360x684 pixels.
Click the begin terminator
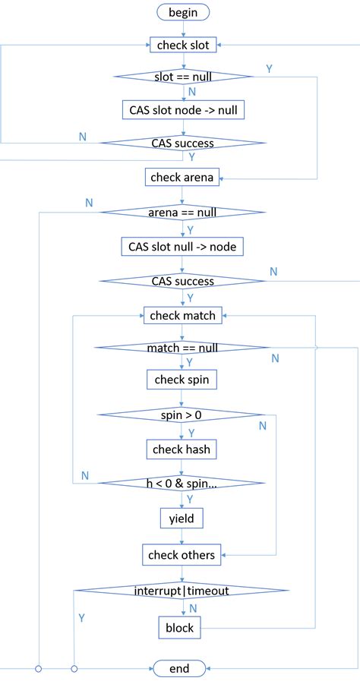pyautogui.click(x=182, y=12)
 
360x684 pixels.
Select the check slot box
pyautogui.click(x=182, y=46)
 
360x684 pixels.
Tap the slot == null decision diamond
pyautogui.click(x=182, y=77)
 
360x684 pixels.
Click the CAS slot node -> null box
pyautogui.click(x=182, y=109)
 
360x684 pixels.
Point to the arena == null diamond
pyautogui.click(x=182, y=212)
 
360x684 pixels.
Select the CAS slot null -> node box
pyautogui.click(x=182, y=247)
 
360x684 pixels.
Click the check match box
pyautogui.click(x=182, y=314)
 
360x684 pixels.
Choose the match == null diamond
pyautogui.click(x=182, y=348)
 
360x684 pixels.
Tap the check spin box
pyautogui.click(x=182, y=379)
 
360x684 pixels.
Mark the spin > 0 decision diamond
pyautogui.click(x=182, y=414)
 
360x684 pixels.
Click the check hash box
pyautogui.click(x=182, y=449)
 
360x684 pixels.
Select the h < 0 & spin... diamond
pyautogui.click(x=182, y=483)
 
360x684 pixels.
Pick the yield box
pyautogui.click(x=182, y=519)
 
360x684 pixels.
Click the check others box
pyautogui.click(x=182, y=555)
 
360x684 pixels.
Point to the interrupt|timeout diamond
pyautogui.click(x=182, y=591)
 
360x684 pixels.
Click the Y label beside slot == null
pyautogui.click(x=270, y=69)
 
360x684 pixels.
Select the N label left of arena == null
pyautogui.click(x=90, y=203)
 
